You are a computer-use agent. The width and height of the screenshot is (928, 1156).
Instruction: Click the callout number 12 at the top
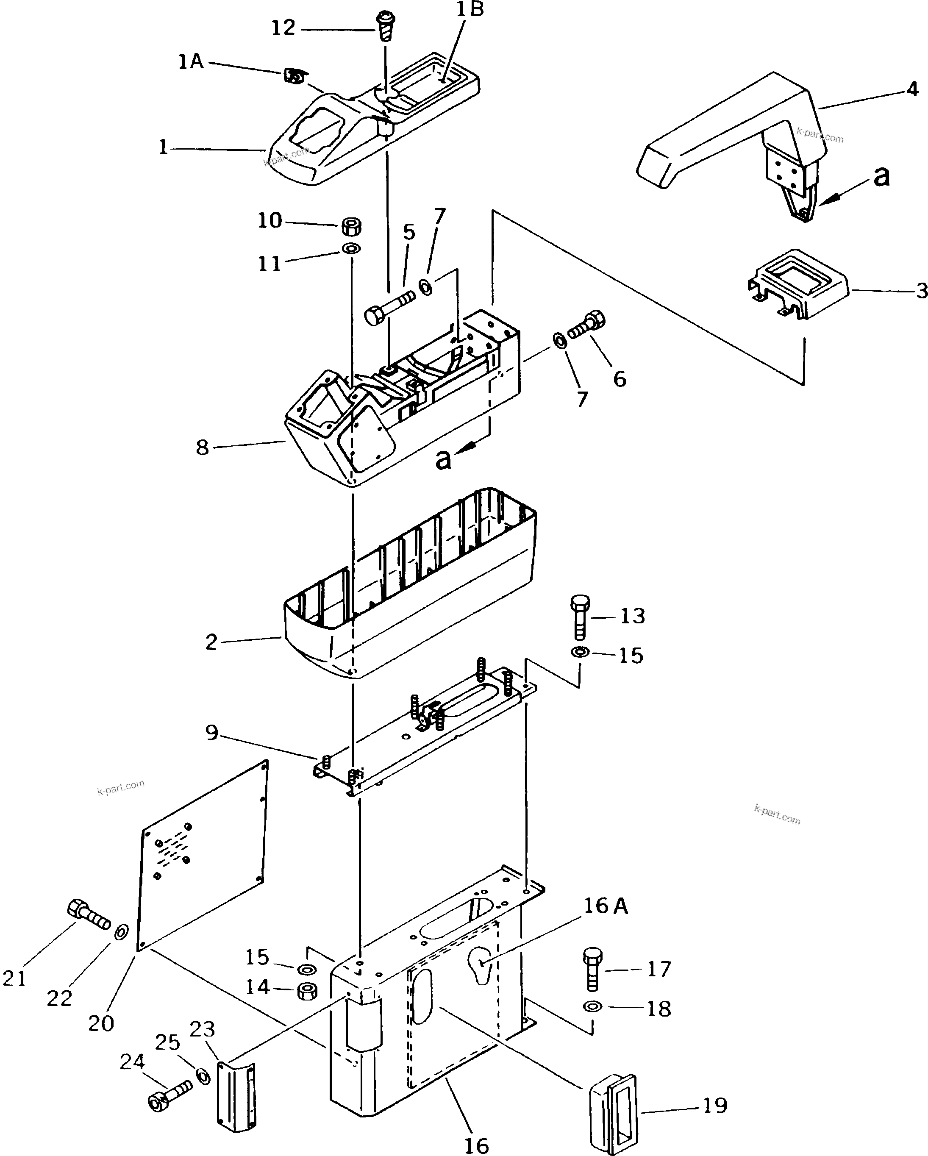(283, 28)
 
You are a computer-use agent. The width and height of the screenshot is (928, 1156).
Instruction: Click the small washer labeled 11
(351, 249)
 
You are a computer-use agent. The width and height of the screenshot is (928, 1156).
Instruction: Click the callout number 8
(202, 447)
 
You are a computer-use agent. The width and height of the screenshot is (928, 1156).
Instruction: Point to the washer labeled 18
(592, 1006)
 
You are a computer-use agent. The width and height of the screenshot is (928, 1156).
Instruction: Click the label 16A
(605, 906)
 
